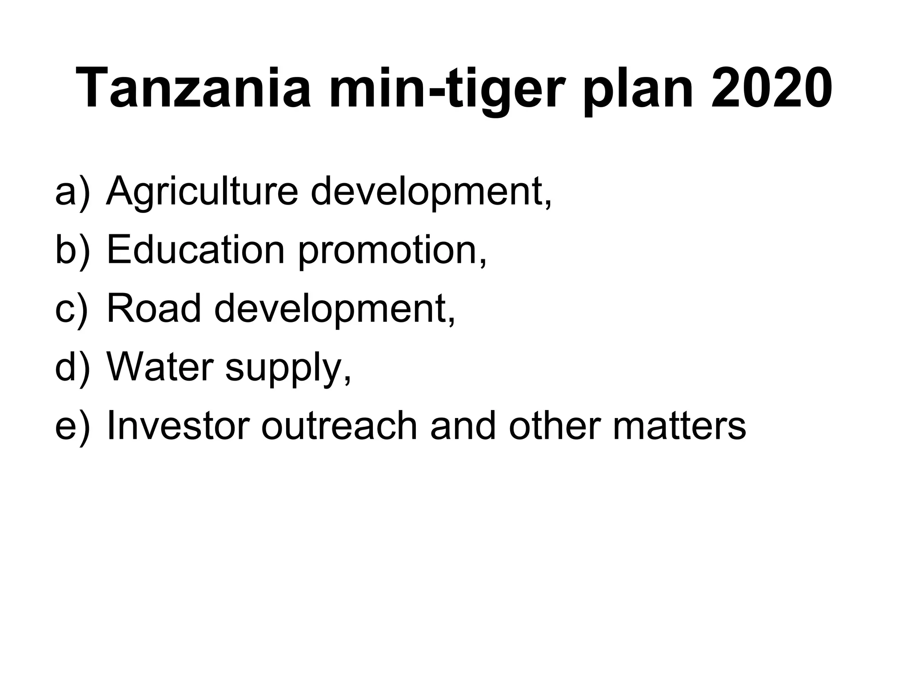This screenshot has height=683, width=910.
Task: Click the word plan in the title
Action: [x=638, y=89]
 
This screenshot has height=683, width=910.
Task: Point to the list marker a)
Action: [x=72, y=192]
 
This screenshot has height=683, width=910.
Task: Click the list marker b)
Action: [x=72, y=250]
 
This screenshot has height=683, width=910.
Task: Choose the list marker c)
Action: [x=72, y=309]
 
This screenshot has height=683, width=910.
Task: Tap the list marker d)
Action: [x=72, y=367]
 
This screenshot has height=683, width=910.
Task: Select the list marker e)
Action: [x=72, y=426]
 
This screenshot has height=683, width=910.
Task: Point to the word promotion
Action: [x=391, y=253]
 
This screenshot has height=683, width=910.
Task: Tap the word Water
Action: [x=160, y=367]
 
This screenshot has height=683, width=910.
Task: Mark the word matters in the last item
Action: [x=679, y=426]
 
